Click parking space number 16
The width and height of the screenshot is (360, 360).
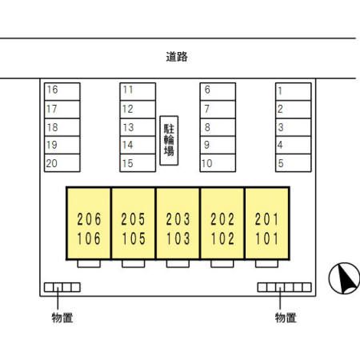(62, 91)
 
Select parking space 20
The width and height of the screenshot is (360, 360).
(62, 163)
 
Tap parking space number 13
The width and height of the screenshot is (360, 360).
(138, 127)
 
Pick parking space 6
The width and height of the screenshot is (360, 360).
(218, 91)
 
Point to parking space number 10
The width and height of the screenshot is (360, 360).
(218, 163)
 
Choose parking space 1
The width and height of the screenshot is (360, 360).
(294, 91)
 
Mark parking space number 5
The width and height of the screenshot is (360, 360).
(294, 163)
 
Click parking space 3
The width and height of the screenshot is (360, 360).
(294, 127)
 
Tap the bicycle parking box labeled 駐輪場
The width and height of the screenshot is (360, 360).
(169, 141)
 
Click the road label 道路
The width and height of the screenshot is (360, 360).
(177, 57)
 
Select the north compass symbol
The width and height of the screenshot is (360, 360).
(344, 278)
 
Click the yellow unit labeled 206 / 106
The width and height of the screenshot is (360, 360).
(89, 223)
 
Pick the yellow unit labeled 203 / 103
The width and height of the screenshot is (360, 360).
(178, 223)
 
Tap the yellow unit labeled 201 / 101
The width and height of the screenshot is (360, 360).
(267, 223)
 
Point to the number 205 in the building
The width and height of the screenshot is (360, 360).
(133, 219)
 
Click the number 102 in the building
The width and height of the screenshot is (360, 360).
(222, 238)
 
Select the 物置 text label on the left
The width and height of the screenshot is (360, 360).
(62, 318)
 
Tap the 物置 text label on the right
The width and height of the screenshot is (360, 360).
(286, 318)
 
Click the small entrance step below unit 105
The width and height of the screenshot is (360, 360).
(134, 263)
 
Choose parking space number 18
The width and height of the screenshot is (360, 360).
(62, 127)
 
